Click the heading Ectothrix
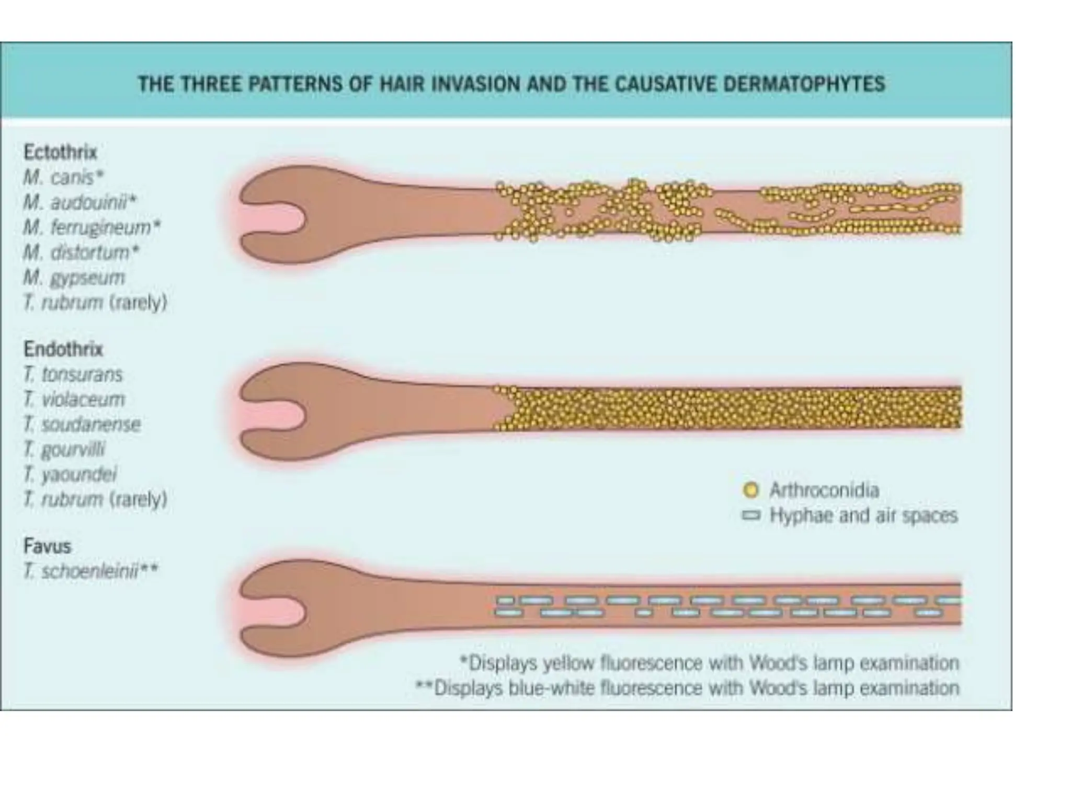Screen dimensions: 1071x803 [x=60, y=152]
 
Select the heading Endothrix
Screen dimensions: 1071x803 [x=63, y=349]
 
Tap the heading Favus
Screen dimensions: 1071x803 [x=47, y=546]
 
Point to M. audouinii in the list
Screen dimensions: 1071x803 [x=79, y=202]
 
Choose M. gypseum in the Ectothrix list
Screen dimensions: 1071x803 [x=74, y=278]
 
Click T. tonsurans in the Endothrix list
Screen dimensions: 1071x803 [x=73, y=374]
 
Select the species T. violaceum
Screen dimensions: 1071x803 [x=74, y=399]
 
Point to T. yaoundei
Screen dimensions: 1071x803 [x=70, y=474]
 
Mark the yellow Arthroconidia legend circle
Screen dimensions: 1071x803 [x=750, y=490]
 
